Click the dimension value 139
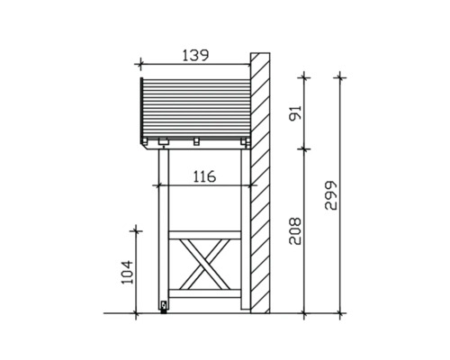[x=195, y=56]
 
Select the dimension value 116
[x=204, y=176]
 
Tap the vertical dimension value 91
[x=295, y=112]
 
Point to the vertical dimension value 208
[x=295, y=231]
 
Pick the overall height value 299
[x=331, y=195]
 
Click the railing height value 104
[x=127, y=272]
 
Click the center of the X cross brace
[x=205, y=265]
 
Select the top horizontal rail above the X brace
[x=205, y=235]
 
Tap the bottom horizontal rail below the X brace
[x=205, y=293]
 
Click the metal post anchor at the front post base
[x=164, y=307]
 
